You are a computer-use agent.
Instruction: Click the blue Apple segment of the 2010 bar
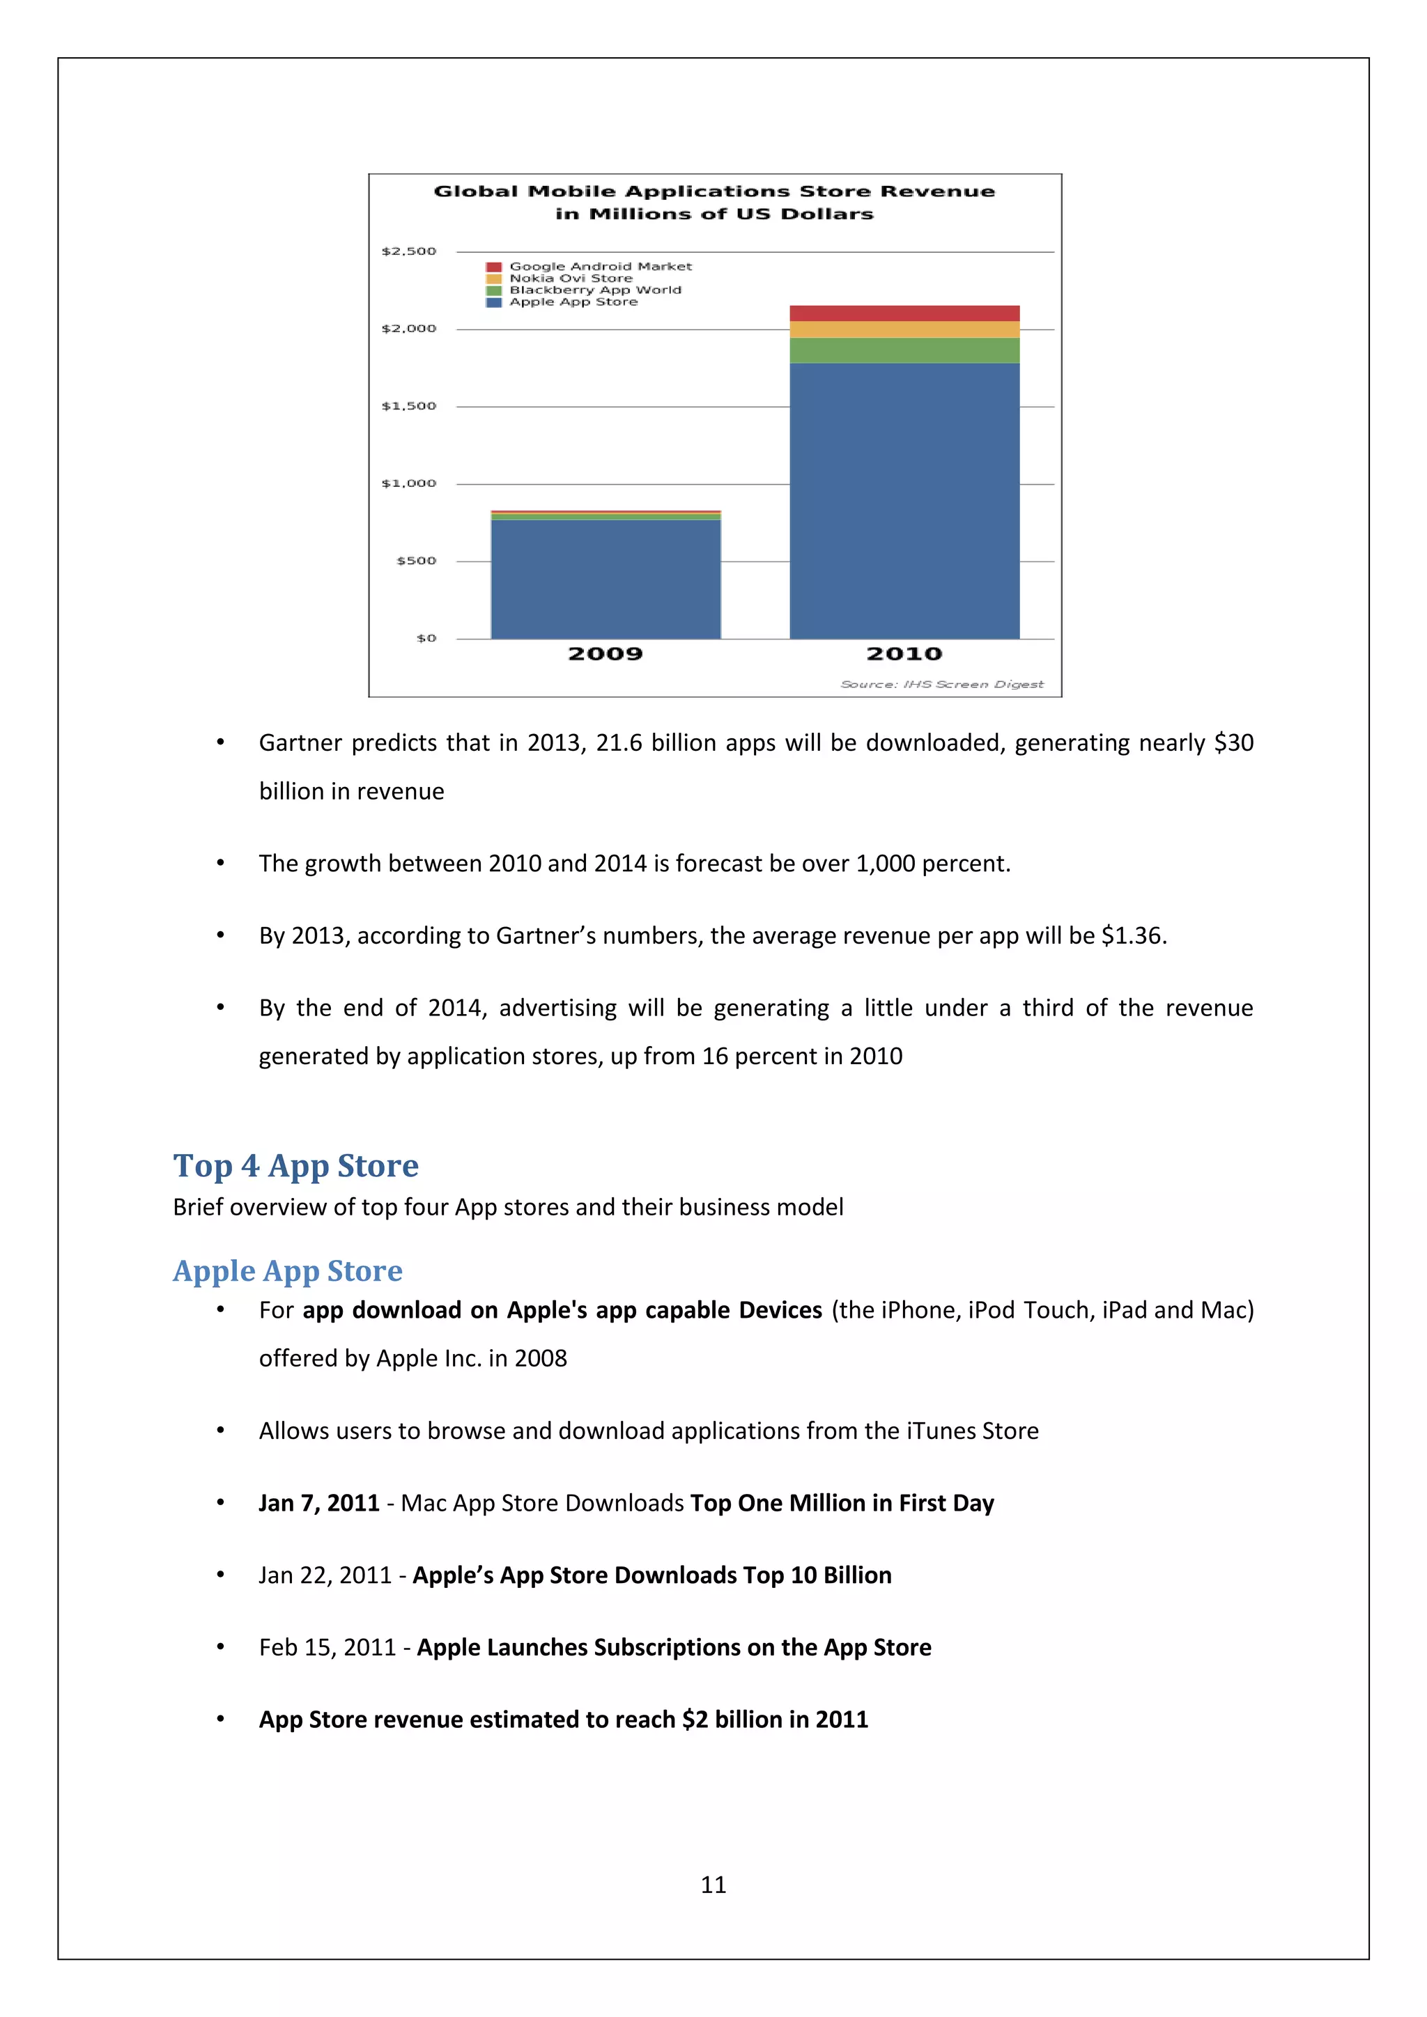[x=904, y=501]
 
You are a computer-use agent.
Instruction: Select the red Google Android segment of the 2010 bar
[x=904, y=313]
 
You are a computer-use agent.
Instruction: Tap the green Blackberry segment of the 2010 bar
[x=904, y=350]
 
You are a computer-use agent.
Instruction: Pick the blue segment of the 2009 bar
[x=605, y=579]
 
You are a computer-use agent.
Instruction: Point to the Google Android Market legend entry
[x=600, y=266]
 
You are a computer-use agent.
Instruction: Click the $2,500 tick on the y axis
[x=408, y=251]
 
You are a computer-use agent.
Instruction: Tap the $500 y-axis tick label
[x=417, y=561]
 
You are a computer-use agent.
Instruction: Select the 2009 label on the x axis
[x=605, y=653]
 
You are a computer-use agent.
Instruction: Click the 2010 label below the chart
[x=904, y=653]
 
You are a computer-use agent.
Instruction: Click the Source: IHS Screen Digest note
[x=942, y=685]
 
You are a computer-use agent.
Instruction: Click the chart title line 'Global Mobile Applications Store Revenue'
[x=714, y=192]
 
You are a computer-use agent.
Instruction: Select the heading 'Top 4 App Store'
[x=295, y=1166]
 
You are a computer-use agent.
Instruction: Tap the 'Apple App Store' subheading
[x=287, y=1271]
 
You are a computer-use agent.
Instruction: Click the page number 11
[x=713, y=1885]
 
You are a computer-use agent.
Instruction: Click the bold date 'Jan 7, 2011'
[x=319, y=1503]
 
